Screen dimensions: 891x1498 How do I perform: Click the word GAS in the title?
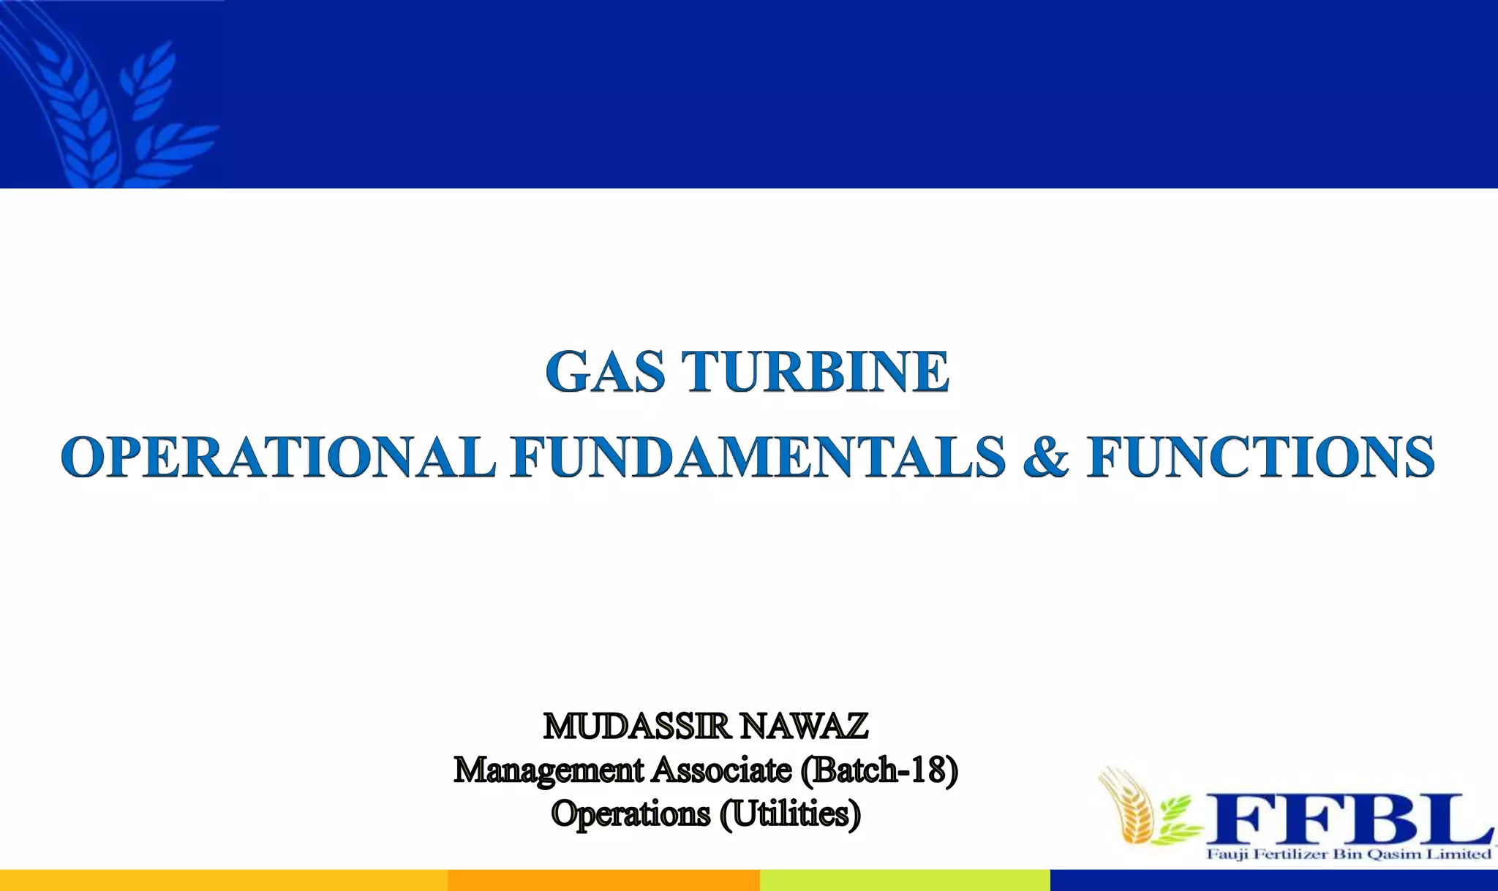(605, 371)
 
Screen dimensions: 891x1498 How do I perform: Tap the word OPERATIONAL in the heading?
(278, 457)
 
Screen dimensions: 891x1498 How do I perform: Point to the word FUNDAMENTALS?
(759, 457)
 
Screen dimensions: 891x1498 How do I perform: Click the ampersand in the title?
(1046, 457)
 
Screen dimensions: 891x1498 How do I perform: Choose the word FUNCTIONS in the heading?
(1260, 457)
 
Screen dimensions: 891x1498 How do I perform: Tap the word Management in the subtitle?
(548, 770)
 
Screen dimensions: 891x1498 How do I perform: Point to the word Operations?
(631, 814)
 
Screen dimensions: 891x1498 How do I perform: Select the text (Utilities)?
(790, 814)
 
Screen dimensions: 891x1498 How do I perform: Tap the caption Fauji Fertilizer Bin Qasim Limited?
(1348, 854)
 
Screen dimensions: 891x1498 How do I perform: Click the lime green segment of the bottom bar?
(905, 880)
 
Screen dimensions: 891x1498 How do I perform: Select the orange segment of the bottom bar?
(603, 880)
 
